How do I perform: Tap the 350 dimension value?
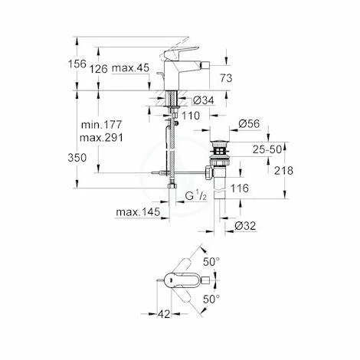click(x=89, y=158)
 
